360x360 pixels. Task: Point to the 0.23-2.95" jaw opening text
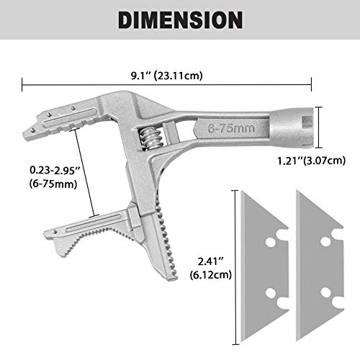(50, 171)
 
